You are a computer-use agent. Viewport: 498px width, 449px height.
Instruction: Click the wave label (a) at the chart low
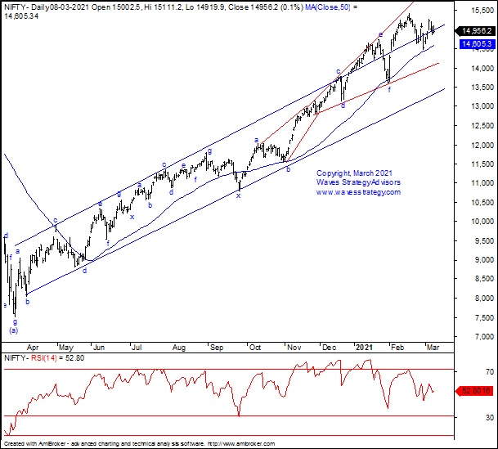pyautogui.click(x=13, y=330)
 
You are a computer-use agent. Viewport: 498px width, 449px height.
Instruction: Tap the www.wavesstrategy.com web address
pyautogui.click(x=358, y=192)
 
